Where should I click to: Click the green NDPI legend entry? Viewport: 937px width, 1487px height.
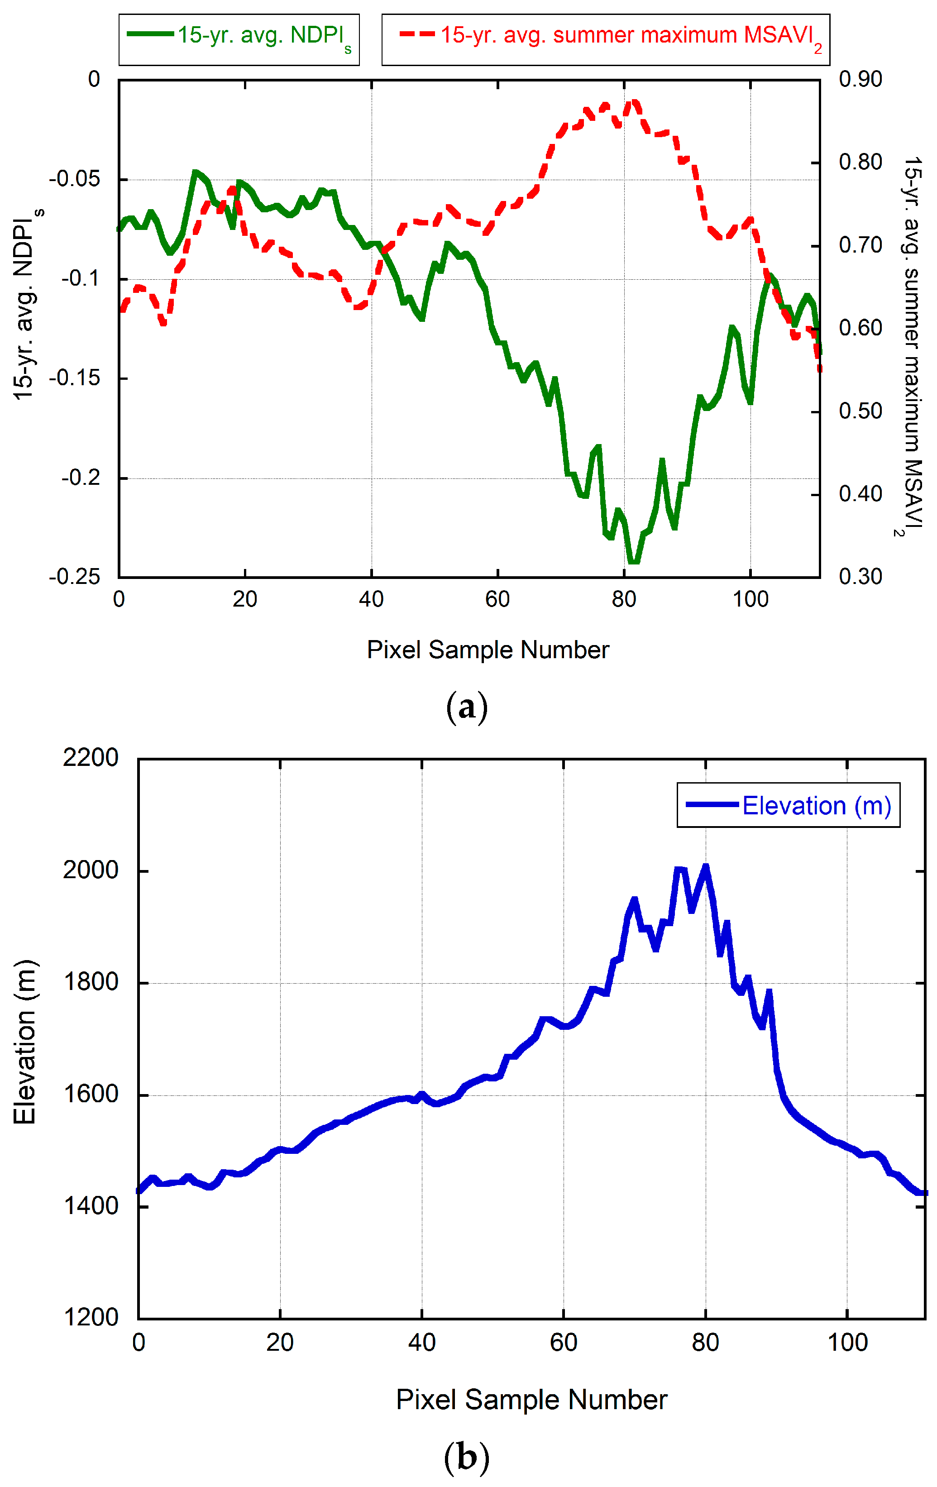[239, 36]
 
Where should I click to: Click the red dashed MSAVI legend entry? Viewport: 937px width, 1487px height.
[605, 36]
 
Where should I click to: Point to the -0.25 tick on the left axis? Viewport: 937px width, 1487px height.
[74, 577]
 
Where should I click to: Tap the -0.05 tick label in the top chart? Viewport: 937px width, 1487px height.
[74, 179]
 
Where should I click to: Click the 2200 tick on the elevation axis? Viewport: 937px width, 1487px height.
[90, 758]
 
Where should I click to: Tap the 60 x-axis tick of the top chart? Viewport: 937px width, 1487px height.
[497, 599]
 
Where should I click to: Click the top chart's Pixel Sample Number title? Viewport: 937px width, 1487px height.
[488, 650]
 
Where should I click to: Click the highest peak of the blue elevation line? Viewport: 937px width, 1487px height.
[705, 866]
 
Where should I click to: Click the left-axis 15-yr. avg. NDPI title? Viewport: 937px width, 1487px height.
[25, 306]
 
